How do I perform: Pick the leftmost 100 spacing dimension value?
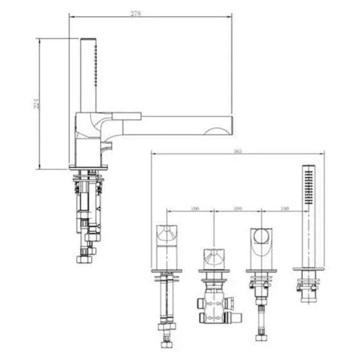coord(195,209)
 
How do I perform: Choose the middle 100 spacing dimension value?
coord(237,209)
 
